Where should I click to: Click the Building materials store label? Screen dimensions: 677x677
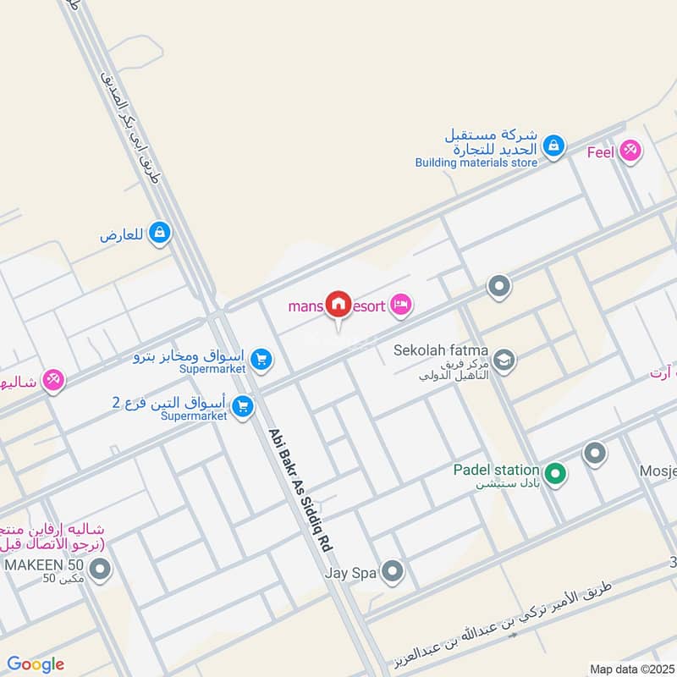pos(476,162)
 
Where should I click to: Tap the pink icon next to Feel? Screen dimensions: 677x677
pos(630,151)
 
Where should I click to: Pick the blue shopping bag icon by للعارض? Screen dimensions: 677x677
pos(159,233)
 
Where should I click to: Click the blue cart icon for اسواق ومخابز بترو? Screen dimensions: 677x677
pos(261,361)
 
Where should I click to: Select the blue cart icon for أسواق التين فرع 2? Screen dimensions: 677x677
pos(243,408)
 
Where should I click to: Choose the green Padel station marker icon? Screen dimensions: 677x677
pos(554,473)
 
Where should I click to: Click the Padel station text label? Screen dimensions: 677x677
pos(496,470)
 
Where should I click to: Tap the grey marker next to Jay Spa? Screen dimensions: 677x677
pos(391,573)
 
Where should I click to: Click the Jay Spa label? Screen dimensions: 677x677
pos(350,573)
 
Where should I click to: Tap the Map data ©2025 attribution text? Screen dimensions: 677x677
pos(631,669)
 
